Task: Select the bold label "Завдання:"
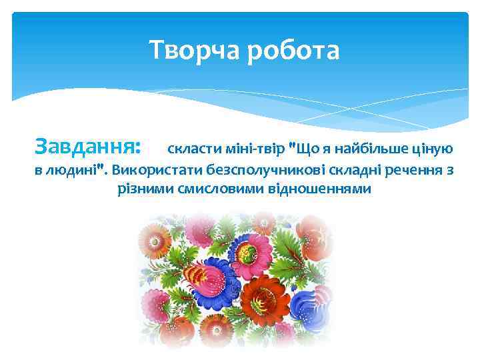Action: tap(87, 145)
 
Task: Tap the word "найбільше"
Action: tap(372, 147)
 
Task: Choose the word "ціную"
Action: tap(433, 147)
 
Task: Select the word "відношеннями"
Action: tap(319, 188)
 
